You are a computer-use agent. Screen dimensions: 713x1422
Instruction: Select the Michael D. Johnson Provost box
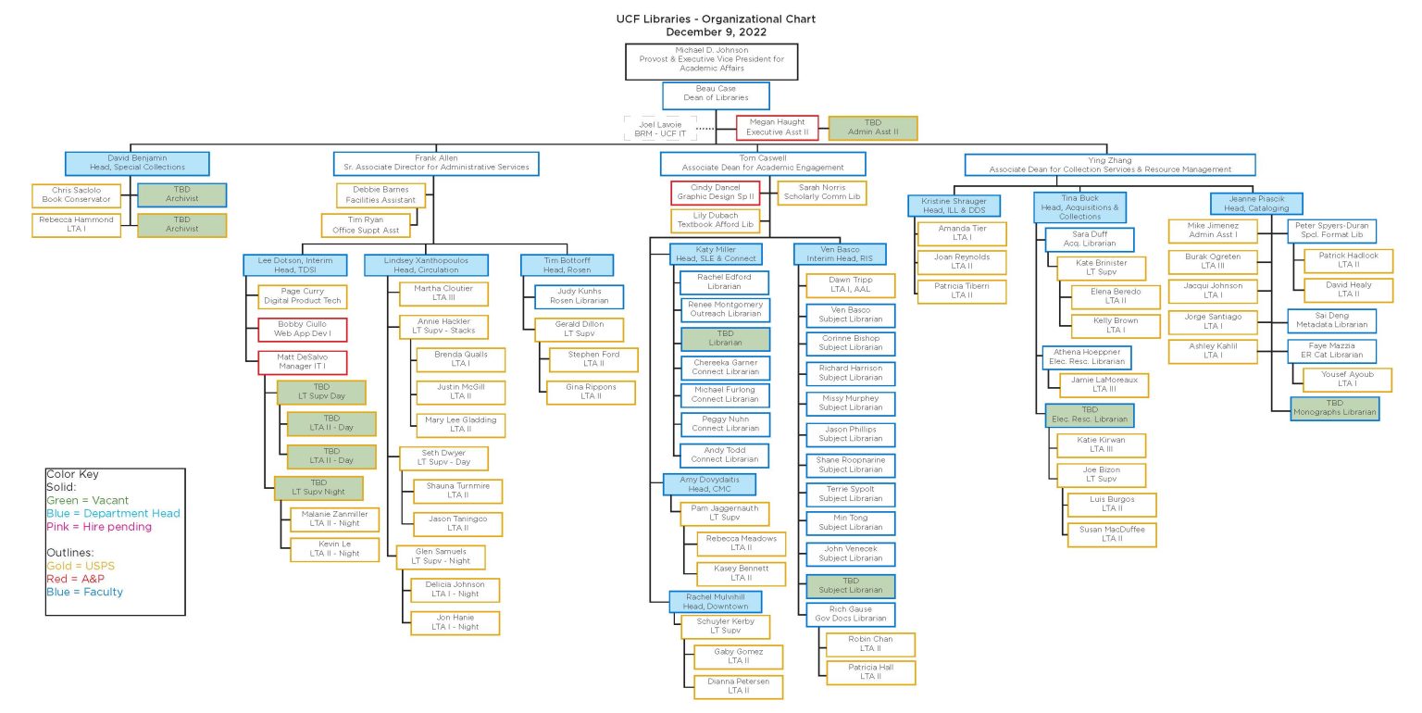pyautogui.click(x=710, y=60)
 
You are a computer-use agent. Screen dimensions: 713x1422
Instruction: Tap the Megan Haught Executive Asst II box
pyautogui.click(x=778, y=128)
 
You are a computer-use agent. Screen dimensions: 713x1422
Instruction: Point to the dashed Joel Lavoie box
pyautogui.click(x=660, y=129)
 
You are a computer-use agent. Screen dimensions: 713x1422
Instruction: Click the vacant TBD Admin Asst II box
pyautogui.click(x=873, y=128)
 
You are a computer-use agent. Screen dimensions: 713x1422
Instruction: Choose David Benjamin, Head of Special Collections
pyautogui.click(x=137, y=164)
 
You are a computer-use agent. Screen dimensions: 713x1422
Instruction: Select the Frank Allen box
pyautogui.click(x=435, y=164)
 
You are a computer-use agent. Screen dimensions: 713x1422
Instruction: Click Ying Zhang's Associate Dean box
pyautogui.click(x=1109, y=165)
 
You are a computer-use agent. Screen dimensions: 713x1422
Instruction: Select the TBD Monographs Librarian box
pyautogui.click(x=1334, y=408)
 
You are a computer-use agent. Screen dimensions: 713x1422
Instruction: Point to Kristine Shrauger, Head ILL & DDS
pyautogui.click(x=954, y=206)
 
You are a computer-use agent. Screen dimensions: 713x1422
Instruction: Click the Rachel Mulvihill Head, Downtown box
pyautogui.click(x=716, y=602)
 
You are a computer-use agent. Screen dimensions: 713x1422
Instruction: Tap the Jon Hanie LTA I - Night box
pyautogui.click(x=455, y=623)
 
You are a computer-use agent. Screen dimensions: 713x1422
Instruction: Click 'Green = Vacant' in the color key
pyautogui.click(x=88, y=500)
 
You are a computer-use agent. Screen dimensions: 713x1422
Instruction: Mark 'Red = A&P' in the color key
pyautogui.click(x=75, y=579)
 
